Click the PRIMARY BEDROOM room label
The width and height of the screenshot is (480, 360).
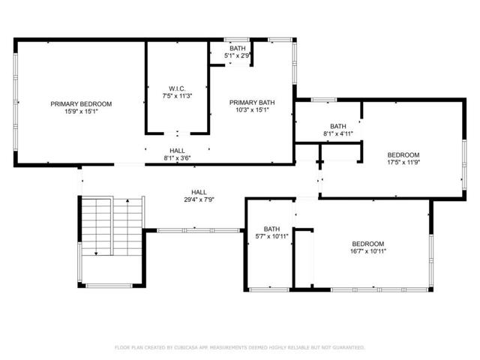(x=81, y=104)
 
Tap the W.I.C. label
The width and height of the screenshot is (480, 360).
(x=177, y=88)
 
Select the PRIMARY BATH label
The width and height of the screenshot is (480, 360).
(x=252, y=103)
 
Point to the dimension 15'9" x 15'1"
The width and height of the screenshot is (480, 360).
(x=81, y=112)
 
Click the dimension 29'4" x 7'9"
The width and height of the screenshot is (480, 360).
(x=199, y=199)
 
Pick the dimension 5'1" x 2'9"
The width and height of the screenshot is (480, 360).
(x=238, y=55)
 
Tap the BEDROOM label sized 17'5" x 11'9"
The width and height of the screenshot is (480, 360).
(x=403, y=155)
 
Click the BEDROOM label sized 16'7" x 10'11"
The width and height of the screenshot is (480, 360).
(x=368, y=244)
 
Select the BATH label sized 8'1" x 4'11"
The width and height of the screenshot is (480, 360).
(x=338, y=126)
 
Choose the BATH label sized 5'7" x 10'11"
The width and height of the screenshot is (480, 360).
(x=271, y=229)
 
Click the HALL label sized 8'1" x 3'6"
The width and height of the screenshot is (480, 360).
(x=177, y=151)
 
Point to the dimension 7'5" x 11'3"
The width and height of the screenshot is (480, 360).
(x=177, y=96)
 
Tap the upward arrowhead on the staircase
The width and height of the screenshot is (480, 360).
(x=127, y=201)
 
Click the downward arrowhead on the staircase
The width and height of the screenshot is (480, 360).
(x=96, y=253)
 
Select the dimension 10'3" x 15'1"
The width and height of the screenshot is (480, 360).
(x=252, y=110)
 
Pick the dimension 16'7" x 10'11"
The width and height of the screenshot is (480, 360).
(x=368, y=251)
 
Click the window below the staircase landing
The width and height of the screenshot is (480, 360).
(x=109, y=286)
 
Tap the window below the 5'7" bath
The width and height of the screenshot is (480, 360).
(x=269, y=289)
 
